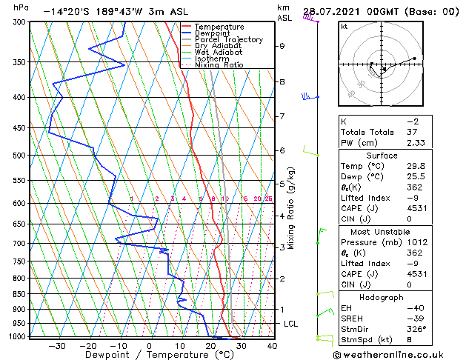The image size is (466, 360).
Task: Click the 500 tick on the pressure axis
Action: tap(19, 156)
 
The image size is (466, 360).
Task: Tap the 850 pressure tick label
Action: tap(19, 294)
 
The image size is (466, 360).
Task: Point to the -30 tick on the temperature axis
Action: tap(57, 345)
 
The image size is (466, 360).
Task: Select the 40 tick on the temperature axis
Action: tap(272, 345)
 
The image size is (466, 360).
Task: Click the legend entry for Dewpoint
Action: tap(215, 33)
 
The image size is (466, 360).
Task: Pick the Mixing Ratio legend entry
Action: tap(219, 65)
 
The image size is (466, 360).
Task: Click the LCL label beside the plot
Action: tap(291, 324)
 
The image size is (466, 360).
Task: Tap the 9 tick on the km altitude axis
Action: tap(282, 46)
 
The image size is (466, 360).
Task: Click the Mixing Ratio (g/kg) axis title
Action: tap(292, 208)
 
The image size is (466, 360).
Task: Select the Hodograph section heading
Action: tap(382, 297)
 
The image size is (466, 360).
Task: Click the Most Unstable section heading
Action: tap(382, 231)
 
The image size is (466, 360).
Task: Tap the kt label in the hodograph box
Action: tap(344, 26)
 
